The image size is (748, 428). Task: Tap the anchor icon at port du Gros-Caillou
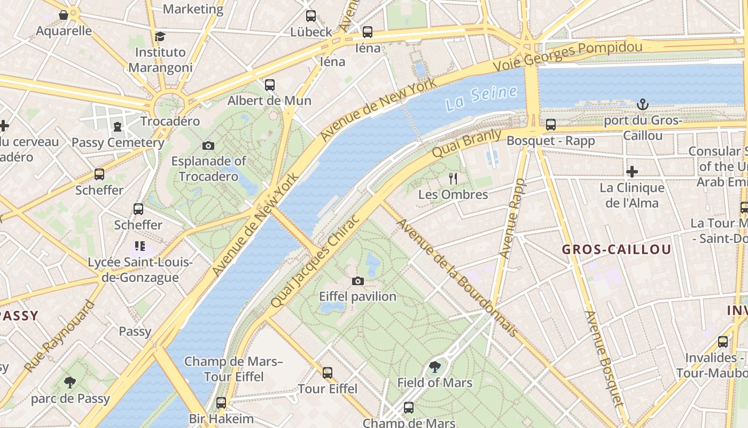[643, 104]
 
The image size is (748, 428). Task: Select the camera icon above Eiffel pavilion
[358, 281]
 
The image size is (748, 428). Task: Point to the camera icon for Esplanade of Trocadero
[208, 146]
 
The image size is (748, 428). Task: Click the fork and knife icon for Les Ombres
[453, 178]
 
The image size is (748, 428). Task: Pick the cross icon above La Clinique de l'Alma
[632, 172]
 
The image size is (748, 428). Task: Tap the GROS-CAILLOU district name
[617, 250]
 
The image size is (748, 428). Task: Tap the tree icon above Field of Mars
[435, 367]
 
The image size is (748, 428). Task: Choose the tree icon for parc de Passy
[69, 383]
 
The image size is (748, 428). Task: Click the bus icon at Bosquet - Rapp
[551, 125]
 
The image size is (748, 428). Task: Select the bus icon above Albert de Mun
[270, 85]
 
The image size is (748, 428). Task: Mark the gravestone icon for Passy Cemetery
[117, 127]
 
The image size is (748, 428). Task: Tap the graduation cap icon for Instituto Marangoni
[160, 36]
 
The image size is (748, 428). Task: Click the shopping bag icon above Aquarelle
[64, 15]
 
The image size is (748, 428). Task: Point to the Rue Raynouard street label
[60, 336]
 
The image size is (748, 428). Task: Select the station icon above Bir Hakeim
[221, 403]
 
